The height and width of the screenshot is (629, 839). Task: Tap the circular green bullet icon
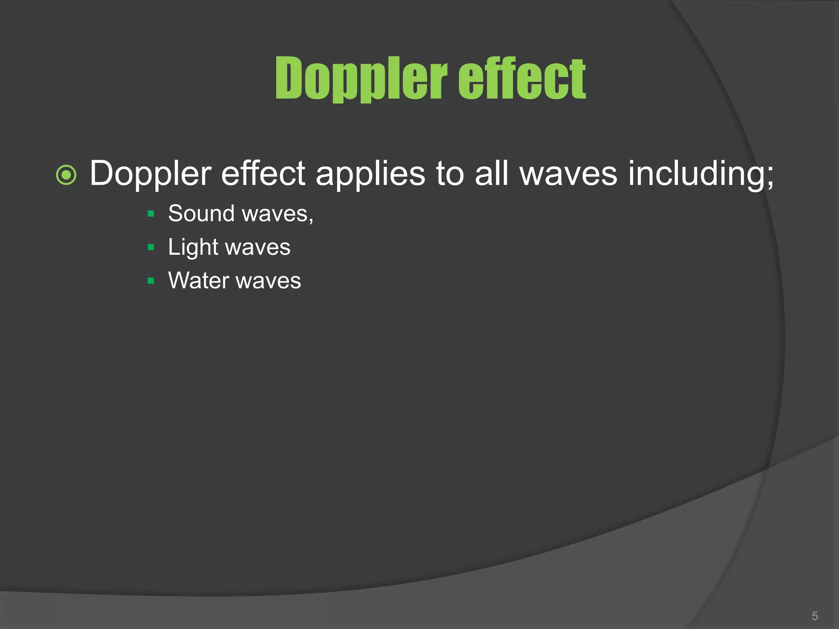tap(66, 175)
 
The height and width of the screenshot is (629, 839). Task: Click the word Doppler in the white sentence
tap(150, 174)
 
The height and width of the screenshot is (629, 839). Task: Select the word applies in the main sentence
tap(371, 174)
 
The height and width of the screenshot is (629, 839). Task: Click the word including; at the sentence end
tap(701, 174)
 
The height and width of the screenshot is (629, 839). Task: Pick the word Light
tap(193, 247)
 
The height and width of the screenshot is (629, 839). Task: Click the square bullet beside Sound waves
tap(151, 214)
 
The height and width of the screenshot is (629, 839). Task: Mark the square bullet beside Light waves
tap(151, 247)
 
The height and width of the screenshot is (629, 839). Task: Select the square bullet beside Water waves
tap(151, 281)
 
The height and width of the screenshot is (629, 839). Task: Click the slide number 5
tap(815, 616)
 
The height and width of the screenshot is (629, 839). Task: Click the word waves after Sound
tap(278, 214)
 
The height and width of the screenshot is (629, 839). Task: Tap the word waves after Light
tap(258, 248)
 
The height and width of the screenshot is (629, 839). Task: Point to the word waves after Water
tap(268, 281)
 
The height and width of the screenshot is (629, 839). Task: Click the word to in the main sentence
tap(450, 174)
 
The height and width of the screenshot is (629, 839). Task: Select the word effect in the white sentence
tap(263, 173)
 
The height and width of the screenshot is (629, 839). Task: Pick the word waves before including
tap(568, 174)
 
